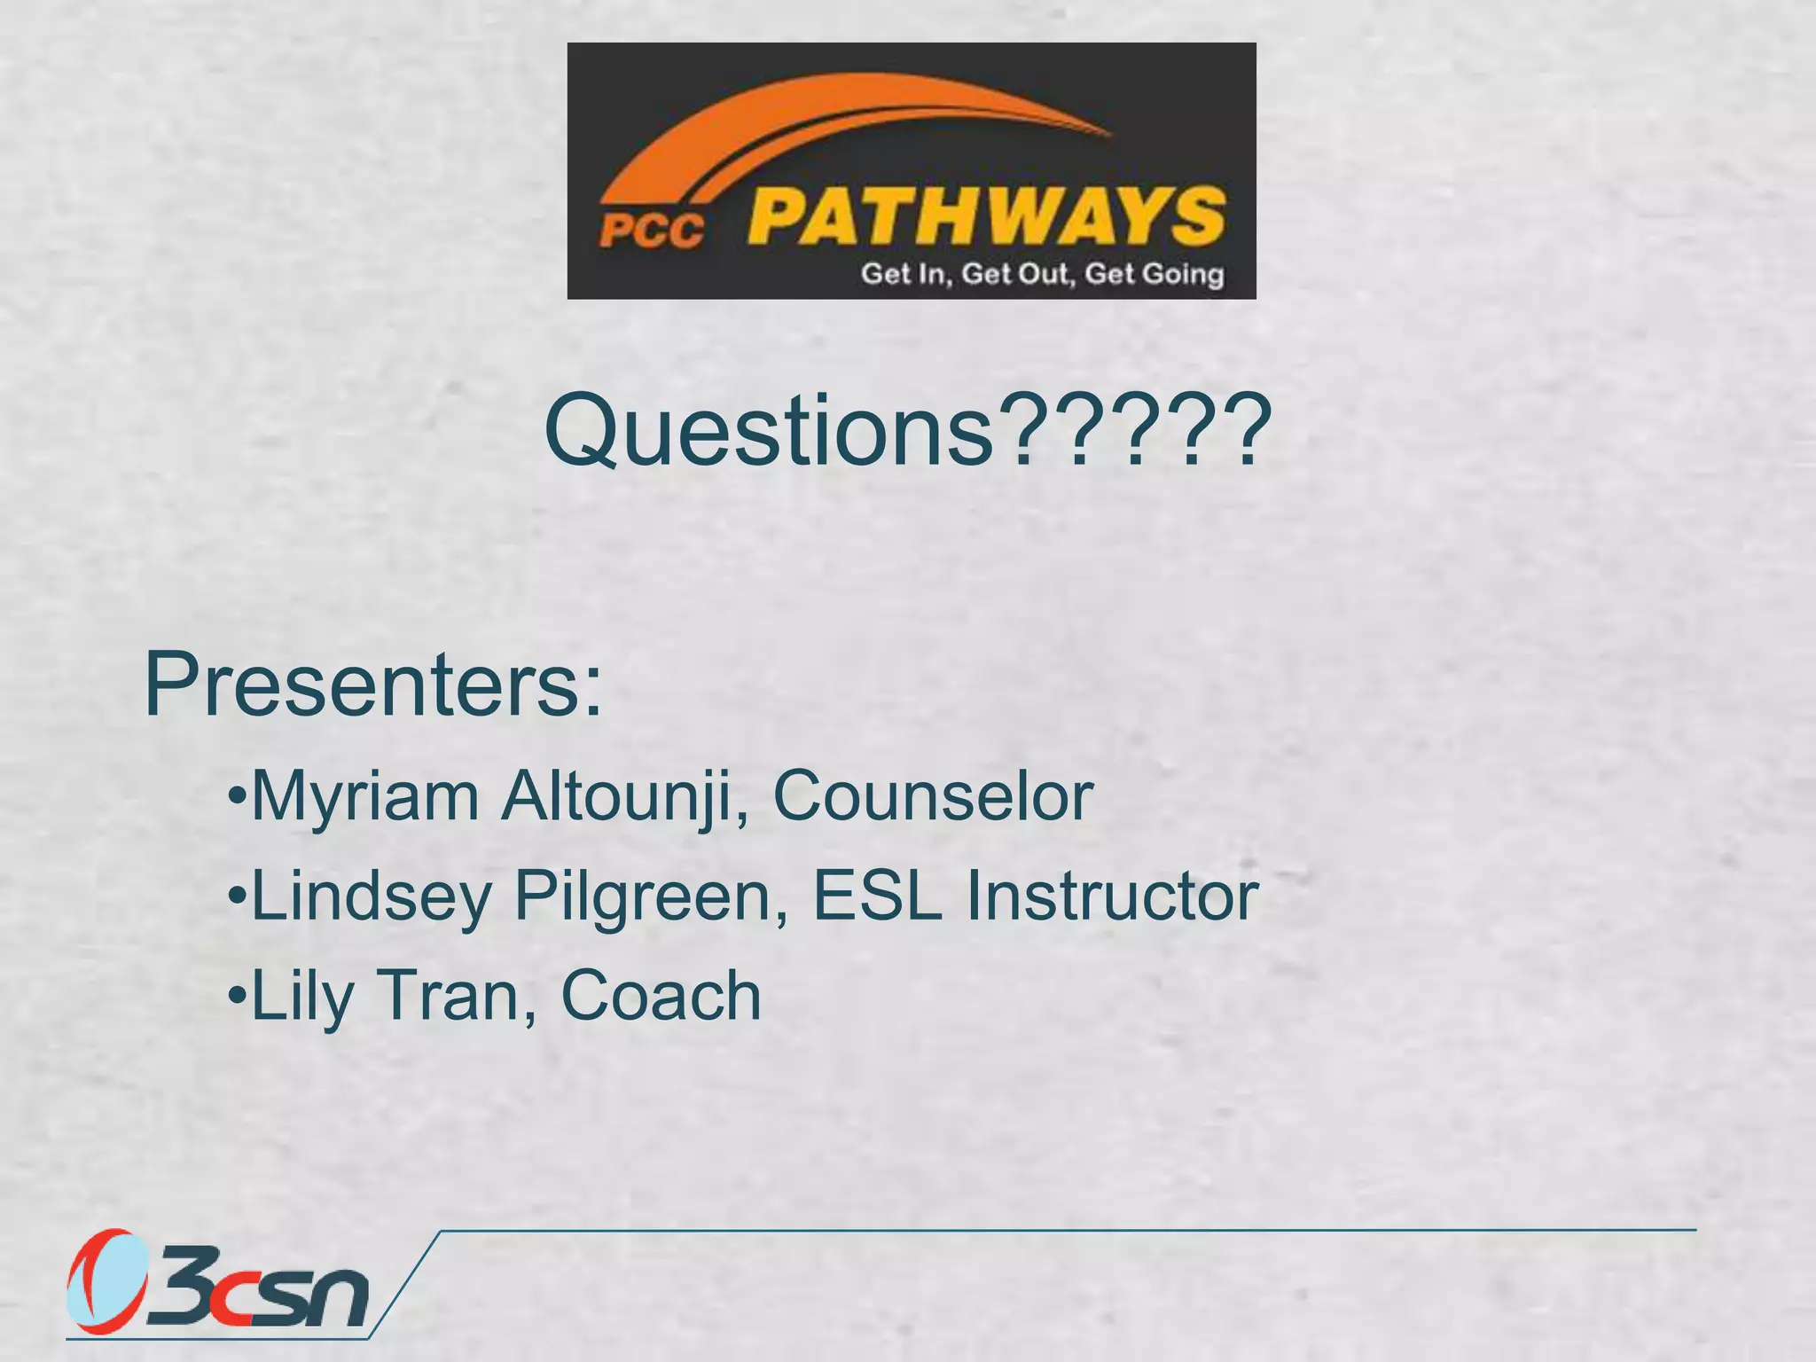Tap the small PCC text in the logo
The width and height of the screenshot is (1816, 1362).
click(x=652, y=232)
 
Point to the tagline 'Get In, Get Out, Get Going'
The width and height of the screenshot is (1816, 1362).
click(x=1042, y=274)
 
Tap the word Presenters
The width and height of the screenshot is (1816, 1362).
click(x=372, y=685)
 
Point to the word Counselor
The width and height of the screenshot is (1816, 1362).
click(x=933, y=797)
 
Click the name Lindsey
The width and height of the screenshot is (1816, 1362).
click(x=372, y=896)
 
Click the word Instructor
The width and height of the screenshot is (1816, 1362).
click(x=1112, y=896)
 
